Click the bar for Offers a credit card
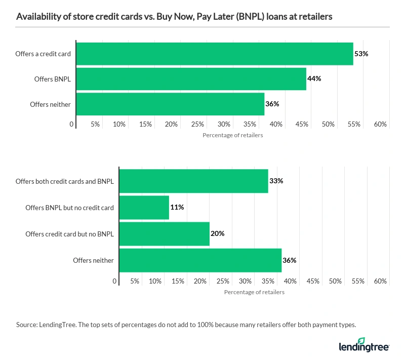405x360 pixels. click(x=214, y=54)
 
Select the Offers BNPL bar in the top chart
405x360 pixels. click(x=191, y=78)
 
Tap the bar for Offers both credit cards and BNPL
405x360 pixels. click(x=193, y=181)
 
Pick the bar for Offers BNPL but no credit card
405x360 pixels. click(x=144, y=207)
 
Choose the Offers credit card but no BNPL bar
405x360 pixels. click(x=164, y=234)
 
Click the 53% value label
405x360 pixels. click(x=361, y=54)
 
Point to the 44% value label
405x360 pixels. click(x=314, y=78)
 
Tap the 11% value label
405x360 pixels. click(x=177, y=207)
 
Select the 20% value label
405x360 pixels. click(x=217, y=234)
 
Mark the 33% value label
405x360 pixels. click(x=276, y=181)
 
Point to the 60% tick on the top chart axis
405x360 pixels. click(x=380, y=125)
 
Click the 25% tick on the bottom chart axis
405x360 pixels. click(x=223, y=281)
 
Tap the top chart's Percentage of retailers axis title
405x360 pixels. click(x=232, y=135)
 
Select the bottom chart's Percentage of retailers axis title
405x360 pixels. click(x=254, y=292)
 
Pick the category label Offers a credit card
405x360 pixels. click(x=43, y=54)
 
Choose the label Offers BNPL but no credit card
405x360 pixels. click(x=69, y=207)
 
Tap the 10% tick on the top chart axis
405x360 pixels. click(x=119, y=125)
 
